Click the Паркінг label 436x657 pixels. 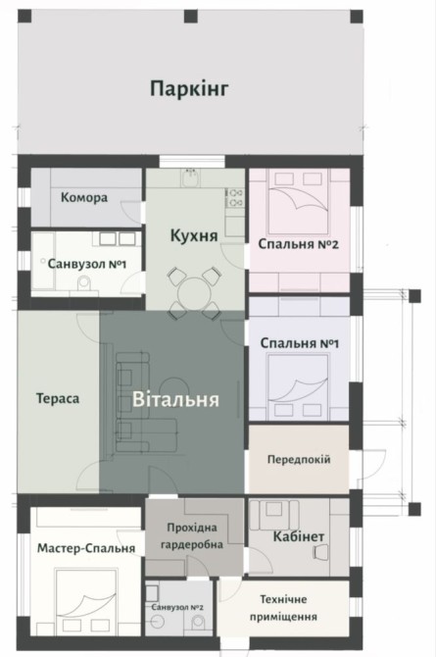(x=189, y=89)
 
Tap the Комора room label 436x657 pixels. (x=84, y=197)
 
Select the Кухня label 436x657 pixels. (x=194, y=235)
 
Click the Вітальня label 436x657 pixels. (x=176, y=399)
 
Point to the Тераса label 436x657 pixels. (x=58, y=398)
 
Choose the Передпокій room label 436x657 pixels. (x=299, y=459)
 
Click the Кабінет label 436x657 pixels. (x=299, y=536)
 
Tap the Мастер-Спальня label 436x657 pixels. (x=86, y=548)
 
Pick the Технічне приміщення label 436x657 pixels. (x=283, y=608)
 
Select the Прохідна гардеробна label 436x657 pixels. (x=192, y=536)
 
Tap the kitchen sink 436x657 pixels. (x=191, y=177)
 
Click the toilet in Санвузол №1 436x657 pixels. (x=84, y=283)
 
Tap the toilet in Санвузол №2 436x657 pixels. (x=198, y=623)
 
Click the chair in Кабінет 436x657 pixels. (x=320, y=551)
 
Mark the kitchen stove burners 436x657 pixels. (x=234, y=197)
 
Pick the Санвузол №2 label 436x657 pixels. (x=177, y=607)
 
